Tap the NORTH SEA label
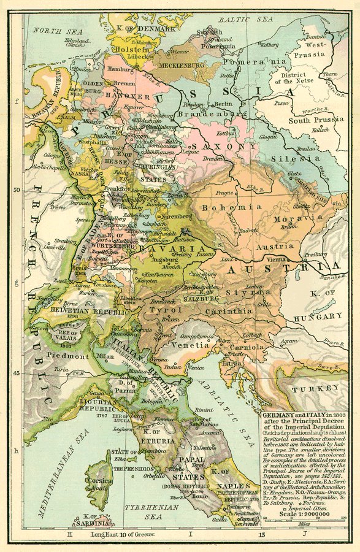[53, 30]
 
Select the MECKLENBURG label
[182, 64]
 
